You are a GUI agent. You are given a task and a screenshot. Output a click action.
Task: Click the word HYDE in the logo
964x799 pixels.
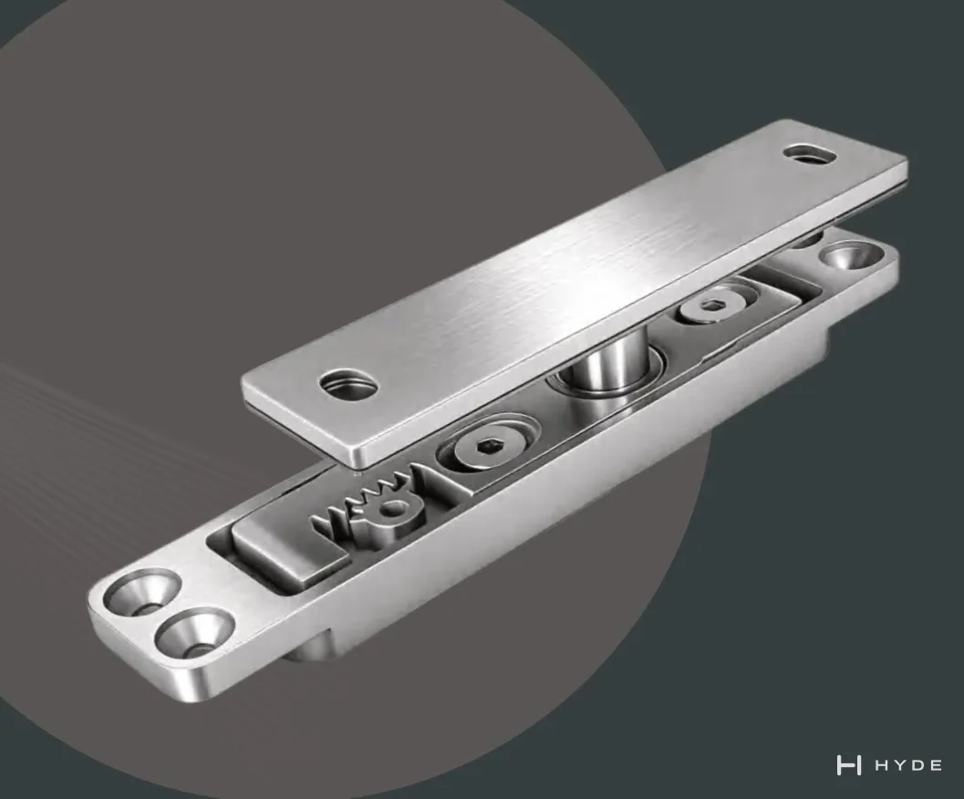(908, 766)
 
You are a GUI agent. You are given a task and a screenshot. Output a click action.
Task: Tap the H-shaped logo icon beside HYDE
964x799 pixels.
(848, 766)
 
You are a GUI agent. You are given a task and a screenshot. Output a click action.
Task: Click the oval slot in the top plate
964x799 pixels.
(811, 153)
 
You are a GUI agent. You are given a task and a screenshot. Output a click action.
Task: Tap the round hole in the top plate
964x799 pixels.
(348, 384)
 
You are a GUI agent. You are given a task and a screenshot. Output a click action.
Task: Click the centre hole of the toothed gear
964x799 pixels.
(393, 509)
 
